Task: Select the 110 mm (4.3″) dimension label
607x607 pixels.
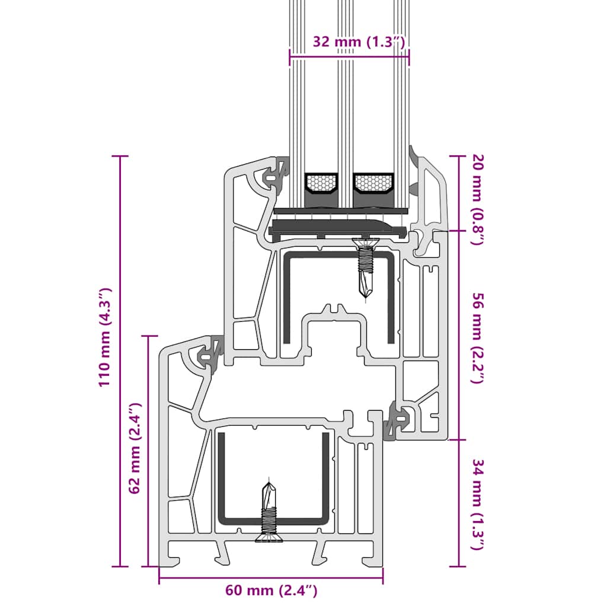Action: click(x=105, y=337)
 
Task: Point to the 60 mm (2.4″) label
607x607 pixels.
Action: click(x=271, y=590)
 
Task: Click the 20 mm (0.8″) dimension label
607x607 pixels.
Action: click(x=478, y=198)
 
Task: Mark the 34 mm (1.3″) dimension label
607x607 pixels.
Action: click(x=478, y=504)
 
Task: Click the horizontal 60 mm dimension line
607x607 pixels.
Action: click(x=271, y=576)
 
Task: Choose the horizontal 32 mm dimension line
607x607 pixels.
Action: click(x=350, y=57)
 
